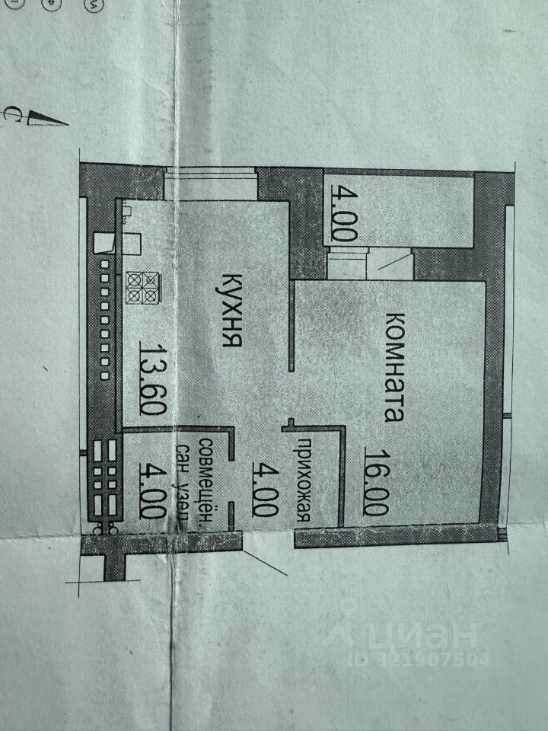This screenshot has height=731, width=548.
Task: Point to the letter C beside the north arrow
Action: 13,114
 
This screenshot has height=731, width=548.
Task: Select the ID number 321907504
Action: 430,658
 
